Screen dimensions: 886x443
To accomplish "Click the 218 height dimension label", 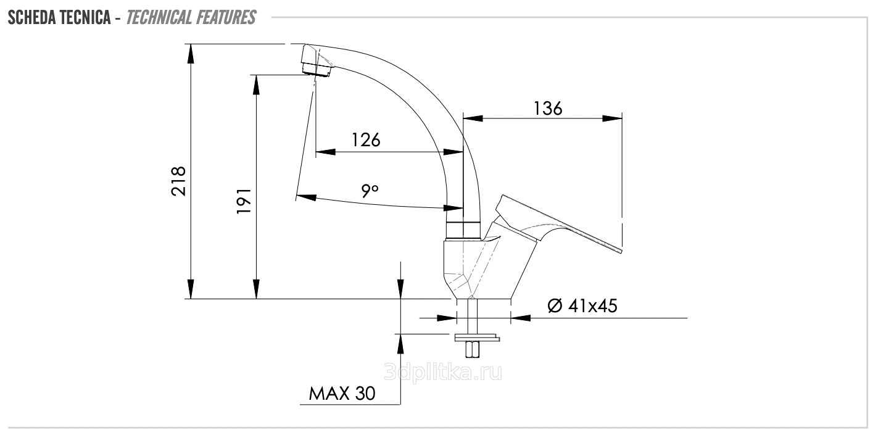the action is tap(178, 181).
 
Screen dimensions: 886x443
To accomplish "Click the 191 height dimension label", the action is tap(244, 201).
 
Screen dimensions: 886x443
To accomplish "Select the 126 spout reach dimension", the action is tap(366, 140).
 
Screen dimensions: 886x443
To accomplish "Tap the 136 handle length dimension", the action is tap(548, 109).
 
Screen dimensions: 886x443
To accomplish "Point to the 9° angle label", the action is tap(370, 191).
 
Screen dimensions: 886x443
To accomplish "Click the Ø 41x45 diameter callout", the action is tap(582, 306).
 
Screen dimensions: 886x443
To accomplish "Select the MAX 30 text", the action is tap(342, 393).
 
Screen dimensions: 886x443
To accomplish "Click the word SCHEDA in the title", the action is tap(33, 18).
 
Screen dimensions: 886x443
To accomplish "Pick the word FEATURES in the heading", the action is tap(225, 18).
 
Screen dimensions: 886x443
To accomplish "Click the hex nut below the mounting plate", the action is tap(473, 349).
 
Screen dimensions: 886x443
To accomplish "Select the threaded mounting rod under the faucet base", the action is tap(472, 317).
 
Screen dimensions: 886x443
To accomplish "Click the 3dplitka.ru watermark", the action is tap(443, 372).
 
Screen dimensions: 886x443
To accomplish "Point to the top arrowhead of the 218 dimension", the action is tap(191, 54).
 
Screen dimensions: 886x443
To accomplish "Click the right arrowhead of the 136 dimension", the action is tap(612, 118).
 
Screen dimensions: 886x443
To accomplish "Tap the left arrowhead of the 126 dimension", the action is tap(326, 152).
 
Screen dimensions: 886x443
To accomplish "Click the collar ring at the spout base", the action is tap(463, 230).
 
